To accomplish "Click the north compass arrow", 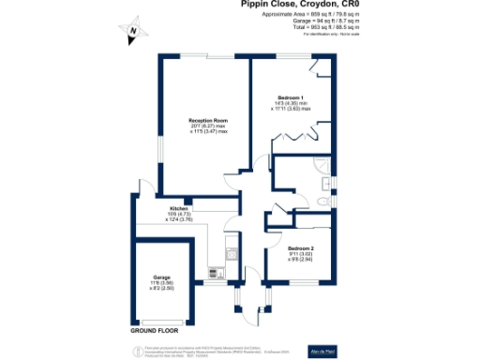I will (x=132, y=32).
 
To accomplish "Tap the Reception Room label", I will (x=209, y=121).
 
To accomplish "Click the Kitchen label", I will (x=179, y=208).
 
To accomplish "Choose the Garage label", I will (x=161, y=277).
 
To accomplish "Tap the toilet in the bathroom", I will (x=322, y=201).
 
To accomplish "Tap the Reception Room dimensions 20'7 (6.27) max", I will (x=209, y=127).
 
